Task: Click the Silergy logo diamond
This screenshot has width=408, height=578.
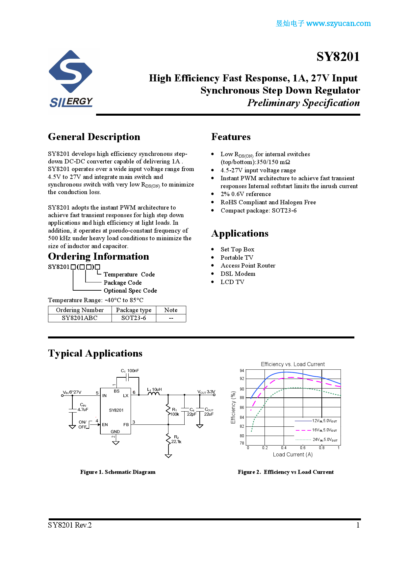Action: click(70, 72)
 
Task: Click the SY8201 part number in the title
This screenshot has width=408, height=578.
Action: click(338, 57)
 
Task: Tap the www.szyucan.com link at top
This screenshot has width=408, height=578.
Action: click(338, 23)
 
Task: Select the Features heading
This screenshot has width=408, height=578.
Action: click(231, 137)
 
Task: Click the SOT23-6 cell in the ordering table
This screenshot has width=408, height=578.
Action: click(134, 318)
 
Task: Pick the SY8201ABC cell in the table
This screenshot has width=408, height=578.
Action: click(80, 318)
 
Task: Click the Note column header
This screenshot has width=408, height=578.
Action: click(171, 310)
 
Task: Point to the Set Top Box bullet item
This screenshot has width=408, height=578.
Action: click(237, 249)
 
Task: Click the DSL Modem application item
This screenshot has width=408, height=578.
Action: click(238, 274)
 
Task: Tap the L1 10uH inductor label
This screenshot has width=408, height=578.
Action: click(154, 390)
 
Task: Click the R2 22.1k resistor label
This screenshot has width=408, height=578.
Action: click(176, 439)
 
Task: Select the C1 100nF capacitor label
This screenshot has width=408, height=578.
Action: click(130, 371)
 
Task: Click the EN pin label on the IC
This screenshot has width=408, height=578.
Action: click(105, 425)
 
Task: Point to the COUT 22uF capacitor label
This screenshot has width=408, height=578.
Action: click(209, 412)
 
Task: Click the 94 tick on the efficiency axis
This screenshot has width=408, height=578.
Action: click(242, 371)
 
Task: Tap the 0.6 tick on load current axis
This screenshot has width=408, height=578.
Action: click(303, 448)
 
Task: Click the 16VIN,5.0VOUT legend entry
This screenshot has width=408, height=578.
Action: click(324, 430)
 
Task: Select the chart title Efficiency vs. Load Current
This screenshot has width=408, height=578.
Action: click(293, 364)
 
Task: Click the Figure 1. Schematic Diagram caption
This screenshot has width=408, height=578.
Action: click(118, 472)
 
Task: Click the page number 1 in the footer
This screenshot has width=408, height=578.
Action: click(358, 525)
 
